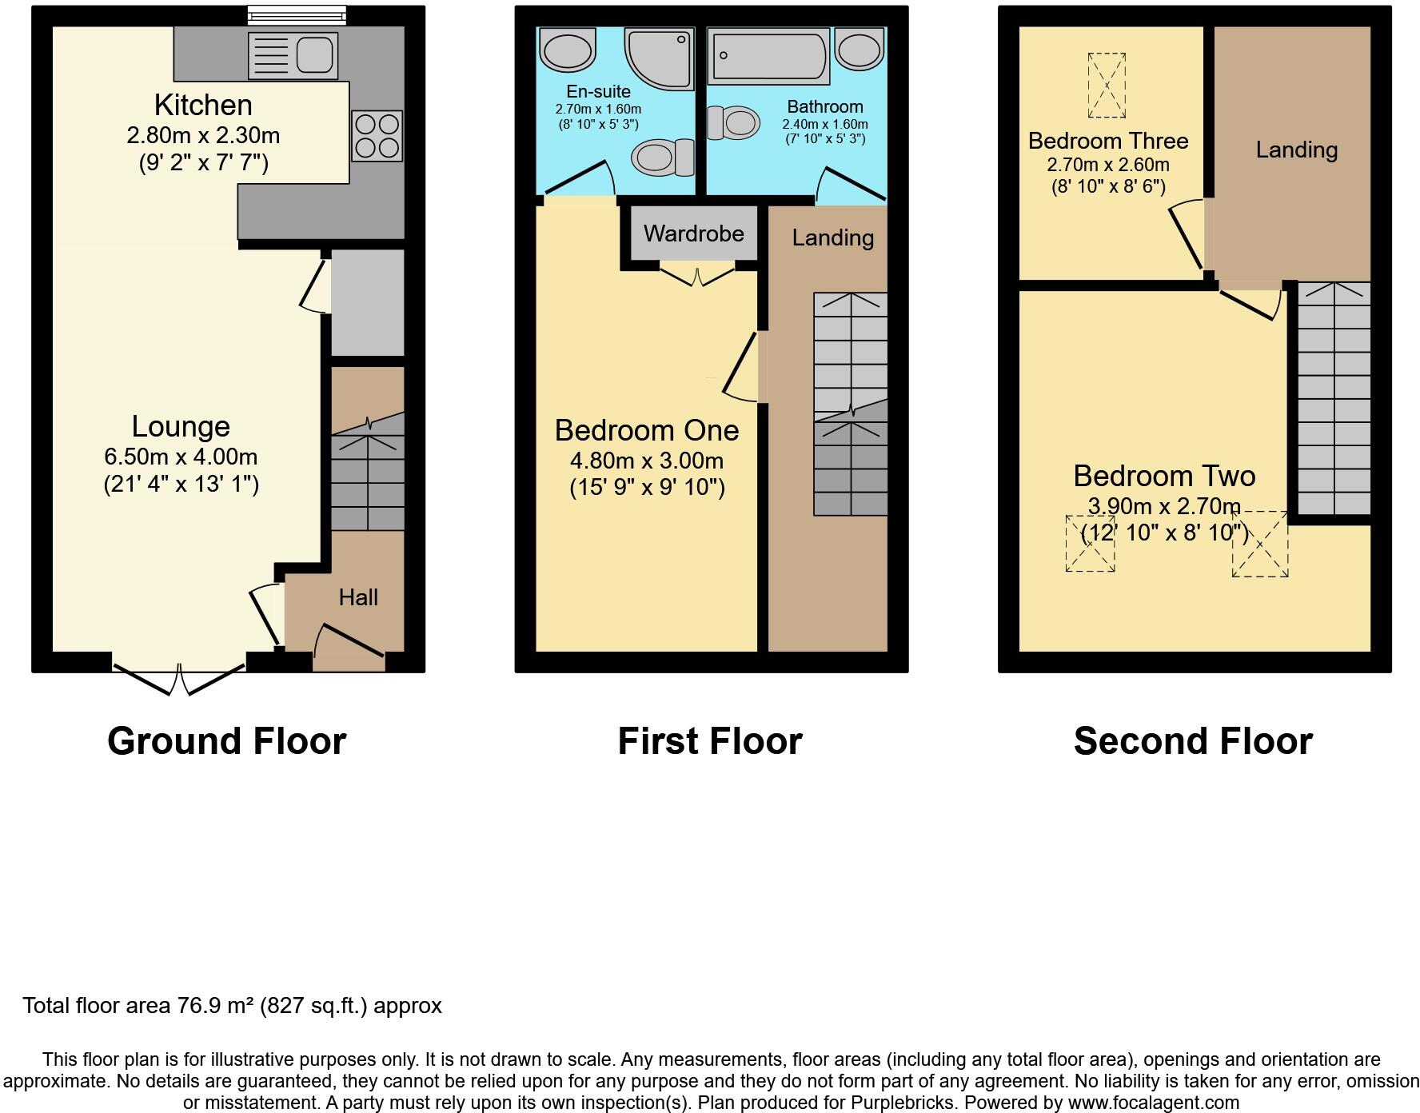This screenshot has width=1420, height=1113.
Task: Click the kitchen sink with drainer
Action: coord(292,56)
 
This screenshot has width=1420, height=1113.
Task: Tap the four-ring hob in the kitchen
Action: coord(377,136)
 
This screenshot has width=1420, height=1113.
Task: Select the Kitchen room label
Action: coord(203,105)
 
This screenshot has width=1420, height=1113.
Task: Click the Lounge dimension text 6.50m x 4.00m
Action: coord(181,457)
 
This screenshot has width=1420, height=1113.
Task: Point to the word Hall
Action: coord(357,597)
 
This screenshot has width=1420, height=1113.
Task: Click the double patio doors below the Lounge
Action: coord(179,680)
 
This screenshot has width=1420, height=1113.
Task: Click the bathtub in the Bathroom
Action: coord(768,56)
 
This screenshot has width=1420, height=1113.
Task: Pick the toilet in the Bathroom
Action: coord(734,123)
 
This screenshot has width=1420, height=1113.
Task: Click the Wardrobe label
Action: coord(693,233)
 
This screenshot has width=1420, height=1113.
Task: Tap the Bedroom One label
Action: coord(646,430)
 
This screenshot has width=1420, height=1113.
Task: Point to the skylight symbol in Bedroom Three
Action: coord(1107,85)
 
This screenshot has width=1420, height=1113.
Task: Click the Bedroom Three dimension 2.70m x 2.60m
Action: coord(1107,165)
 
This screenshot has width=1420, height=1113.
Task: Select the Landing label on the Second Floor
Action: coord(1296,150)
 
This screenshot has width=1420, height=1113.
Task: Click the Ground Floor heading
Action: coord(226,740)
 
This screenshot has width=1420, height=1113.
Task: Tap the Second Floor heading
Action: coord(1192,740)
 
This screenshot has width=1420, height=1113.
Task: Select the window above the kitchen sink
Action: coord(297,14)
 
